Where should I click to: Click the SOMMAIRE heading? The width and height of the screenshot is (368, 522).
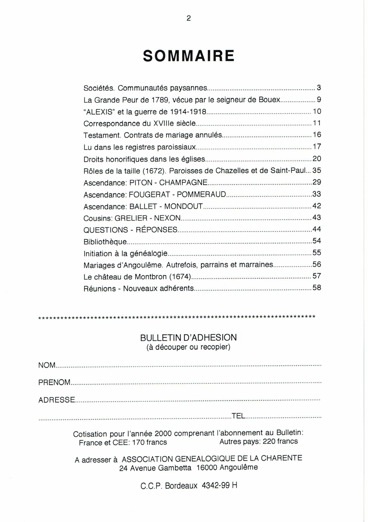pyautogui.click(x=189, y=56)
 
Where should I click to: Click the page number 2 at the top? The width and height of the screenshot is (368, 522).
pyautogui.click(x=189, y=19)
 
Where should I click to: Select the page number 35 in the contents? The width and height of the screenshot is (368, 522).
pyautogui.click(x=317, y=170)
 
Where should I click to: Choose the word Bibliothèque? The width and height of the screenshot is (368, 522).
pyautogui.click(x=105, y=242)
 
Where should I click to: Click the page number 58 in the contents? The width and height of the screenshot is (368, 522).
pyautogui.click(x=317, y=288)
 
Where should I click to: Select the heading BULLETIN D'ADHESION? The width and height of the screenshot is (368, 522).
pyautogui.click(x=188, y=338)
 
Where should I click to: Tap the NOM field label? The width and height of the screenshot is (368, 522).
pyautogui.click(x=47, y=365)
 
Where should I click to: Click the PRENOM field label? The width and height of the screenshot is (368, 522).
pyautogui.click(x=54, y=383)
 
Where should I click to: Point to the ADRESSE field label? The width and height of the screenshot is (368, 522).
pyautogui.click(x=57, y=400)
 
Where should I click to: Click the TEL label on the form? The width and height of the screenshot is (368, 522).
pyautogui.click(x=238, y=416)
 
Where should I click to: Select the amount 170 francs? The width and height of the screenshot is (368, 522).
pyautogui.click(x=149, y=443)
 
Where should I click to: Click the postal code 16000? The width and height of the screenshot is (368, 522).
pyautogui.click(x=207, y=468)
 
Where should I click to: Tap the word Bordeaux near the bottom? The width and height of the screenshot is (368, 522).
pyautogui.click(x=181, y=486)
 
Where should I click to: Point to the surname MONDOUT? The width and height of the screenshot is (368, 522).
pyautogui.click(x=184, y=207)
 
